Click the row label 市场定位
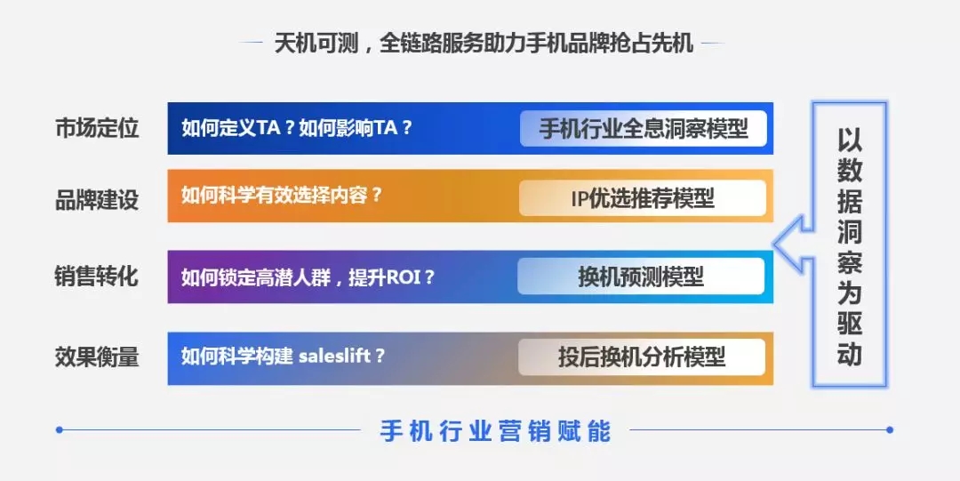coord(97,129)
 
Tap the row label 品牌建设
coord(97,200)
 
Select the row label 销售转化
coord(97,277)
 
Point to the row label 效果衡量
coord(97,357)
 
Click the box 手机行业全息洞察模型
coord(643,129)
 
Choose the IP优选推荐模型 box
coord(643,198)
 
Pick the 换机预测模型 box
coord(641,277)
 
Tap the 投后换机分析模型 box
coord(642,357)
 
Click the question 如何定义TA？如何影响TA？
coord(297,128)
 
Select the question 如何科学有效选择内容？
coord(282,196)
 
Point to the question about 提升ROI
coord(308,277)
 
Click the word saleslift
coord(335,356)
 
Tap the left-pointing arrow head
coord(790,245)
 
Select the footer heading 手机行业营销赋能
coord(495,430)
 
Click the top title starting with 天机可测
coord(484,44)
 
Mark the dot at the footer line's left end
coord(60,430)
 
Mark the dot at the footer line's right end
coord(890,430)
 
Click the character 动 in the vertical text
coord(850,354)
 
